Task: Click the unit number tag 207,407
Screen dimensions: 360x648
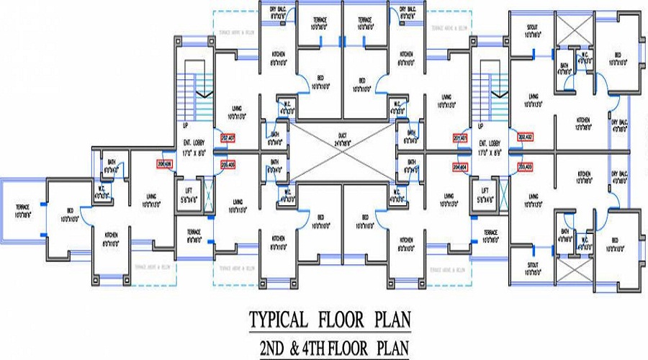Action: point(228,137)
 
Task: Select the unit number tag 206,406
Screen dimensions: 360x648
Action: point(163,164)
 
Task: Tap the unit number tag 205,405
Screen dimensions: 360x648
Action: point(228,164)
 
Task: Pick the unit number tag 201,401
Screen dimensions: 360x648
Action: point(460,137)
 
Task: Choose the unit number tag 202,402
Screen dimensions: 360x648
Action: point(525,137)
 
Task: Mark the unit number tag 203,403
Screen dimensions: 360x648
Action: point(525,166)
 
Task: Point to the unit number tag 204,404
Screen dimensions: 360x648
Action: point(460,166)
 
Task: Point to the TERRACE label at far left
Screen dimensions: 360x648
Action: point(22,210)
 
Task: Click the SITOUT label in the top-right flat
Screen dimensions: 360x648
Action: point(531,30)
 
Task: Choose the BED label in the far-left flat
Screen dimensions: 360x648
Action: point(66,214)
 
